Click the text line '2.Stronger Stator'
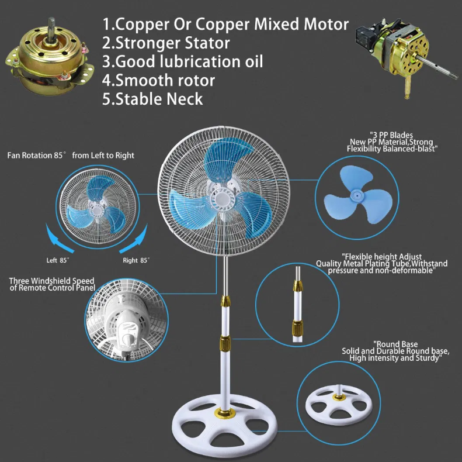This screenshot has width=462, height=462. pyautogui.click(x=166, y=43)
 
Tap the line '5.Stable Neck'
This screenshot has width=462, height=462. pyautogui.click(x=152, y=99)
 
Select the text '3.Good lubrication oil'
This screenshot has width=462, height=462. pyautogui.click(x=182, y=61)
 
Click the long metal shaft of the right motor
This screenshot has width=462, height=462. pyautogui.click(x=437, y=67)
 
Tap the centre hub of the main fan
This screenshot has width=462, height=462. pyautogui.click(x=223, y=200)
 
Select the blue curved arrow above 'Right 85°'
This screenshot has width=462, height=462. pyautogui.click(x=135, y=240)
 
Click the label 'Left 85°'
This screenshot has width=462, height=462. pyautogui.click(x=57, y=260)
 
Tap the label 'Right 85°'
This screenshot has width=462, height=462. pyautogui.click(x=136, y=260)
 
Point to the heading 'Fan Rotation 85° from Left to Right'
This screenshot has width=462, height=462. pyautogui.click(x=71, y=156)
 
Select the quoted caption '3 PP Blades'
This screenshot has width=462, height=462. pyautogui.click(x=391, y=135)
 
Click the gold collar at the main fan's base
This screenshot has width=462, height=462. pyautogui.click(x=224, y=412)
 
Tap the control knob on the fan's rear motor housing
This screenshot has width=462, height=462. pyautogui.click(x=127, y=338)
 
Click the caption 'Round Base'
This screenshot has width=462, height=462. pyautogui.click(x=395, y=344)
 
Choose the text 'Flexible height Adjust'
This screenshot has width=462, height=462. pyautogui.click(x=381, y=257)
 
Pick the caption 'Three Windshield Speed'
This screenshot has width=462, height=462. pyautogui.click(x=51, y=281)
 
